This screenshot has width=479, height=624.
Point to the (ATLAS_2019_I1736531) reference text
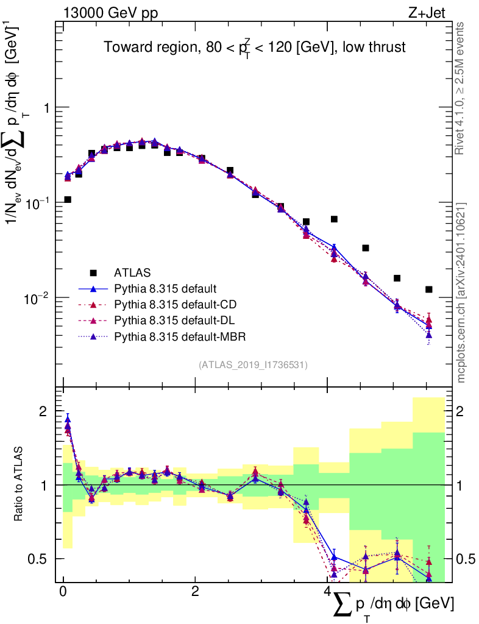(253, 365)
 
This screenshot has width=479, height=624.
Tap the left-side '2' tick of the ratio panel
(44, 412)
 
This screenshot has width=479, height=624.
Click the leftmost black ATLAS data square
(68, 199)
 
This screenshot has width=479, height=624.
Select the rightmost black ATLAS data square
(429, 289)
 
